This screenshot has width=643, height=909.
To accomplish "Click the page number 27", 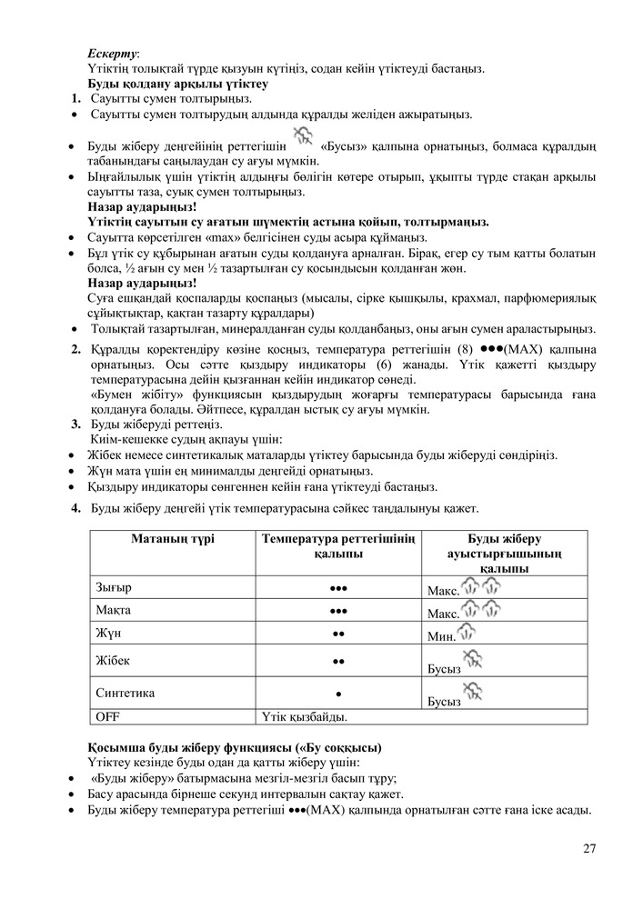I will [589, 849].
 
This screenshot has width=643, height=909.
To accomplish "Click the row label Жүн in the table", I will [109, 632].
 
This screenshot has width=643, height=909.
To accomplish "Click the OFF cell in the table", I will [108, 717].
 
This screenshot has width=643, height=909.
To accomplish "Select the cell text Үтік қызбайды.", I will [305, 717].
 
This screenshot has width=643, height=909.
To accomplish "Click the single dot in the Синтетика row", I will [337, 694].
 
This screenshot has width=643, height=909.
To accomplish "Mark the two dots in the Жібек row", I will [337, 661].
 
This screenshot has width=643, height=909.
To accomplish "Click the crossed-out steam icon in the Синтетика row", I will [473, 691].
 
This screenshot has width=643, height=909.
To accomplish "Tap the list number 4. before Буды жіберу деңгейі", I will [77, 507].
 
